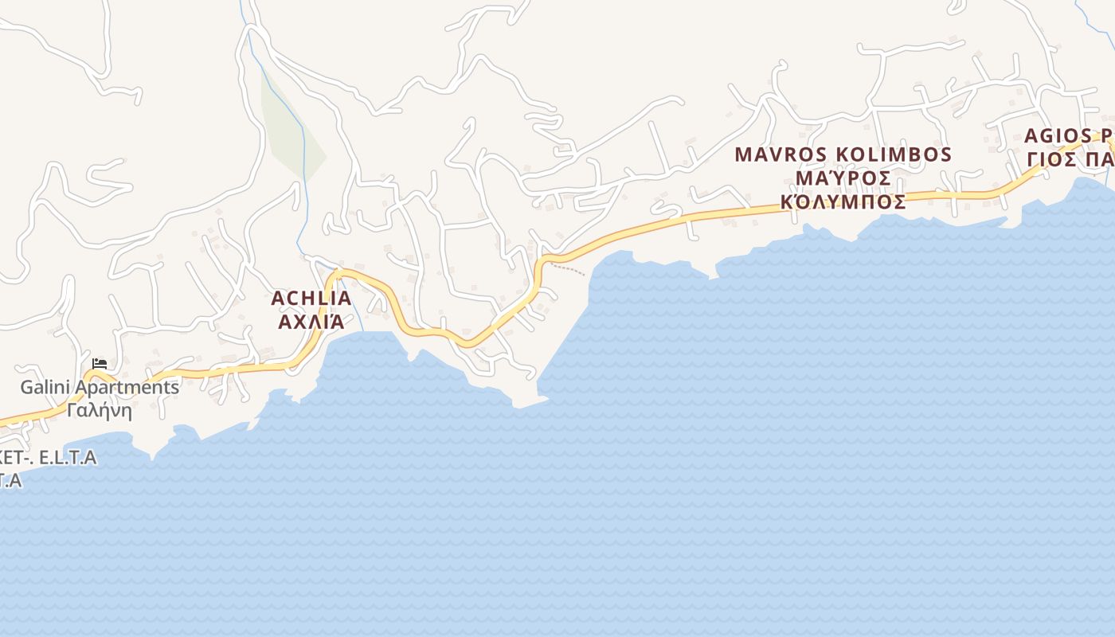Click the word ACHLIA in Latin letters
coord(311,299)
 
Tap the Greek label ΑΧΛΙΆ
coord(311,322)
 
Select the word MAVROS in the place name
coord(781,154)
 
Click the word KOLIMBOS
coord(894,154)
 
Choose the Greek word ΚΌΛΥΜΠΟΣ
coord(843,201)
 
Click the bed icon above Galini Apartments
coord(100,364)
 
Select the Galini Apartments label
coord(100,388)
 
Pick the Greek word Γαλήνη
coord(100,411)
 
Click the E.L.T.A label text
coord(68,457)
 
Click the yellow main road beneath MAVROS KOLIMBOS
coord(844,201)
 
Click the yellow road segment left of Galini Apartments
coord(32,416)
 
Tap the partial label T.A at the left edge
coord(10,480)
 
